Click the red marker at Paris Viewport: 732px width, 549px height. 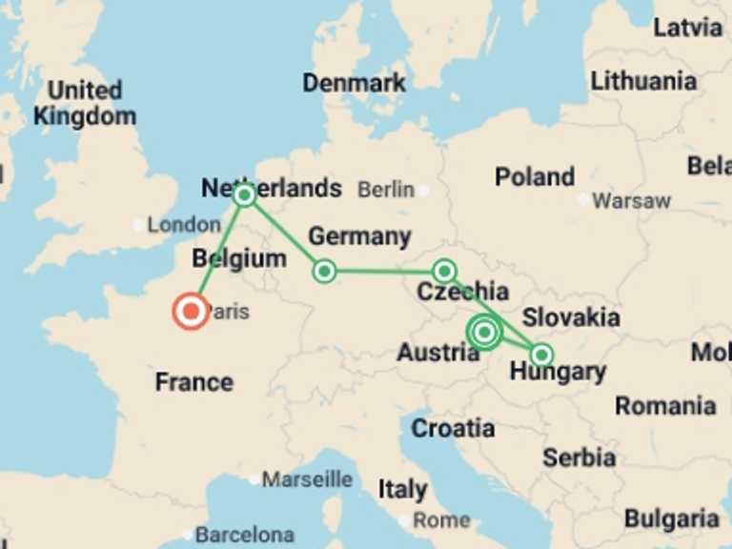coord(191,312)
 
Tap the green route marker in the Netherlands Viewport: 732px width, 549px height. coord(244,194)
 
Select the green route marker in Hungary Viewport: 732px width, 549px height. coord(541,355)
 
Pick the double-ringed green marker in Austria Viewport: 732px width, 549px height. coord(485,332)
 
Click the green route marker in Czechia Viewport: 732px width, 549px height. coord(443,271)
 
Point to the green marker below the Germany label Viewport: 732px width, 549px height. coord(324,271)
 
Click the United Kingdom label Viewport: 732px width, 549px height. coord(85,104)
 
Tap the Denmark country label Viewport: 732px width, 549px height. coord(354,83)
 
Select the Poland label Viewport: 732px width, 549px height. coord(534,176)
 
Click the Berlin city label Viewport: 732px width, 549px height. coord(386,190)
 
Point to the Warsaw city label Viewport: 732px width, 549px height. coord(631,201)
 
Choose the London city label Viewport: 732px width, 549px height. coord(184,225)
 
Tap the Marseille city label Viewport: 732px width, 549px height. coord(307,479)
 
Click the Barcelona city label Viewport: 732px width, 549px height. coord(244,534)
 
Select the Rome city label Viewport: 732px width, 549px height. coord(441,520)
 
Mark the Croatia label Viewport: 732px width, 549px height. coord(453,429)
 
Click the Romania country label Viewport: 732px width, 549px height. coord(665,406)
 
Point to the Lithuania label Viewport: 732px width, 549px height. coord(643,81)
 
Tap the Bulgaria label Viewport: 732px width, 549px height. coord(671,518)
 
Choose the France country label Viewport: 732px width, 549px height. coord(194,382)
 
